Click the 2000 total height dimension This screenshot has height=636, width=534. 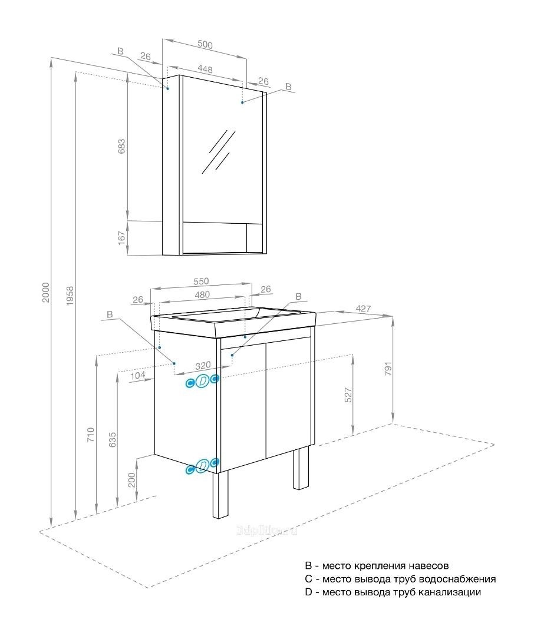coord(46,292)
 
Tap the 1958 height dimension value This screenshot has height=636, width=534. coord(70,296)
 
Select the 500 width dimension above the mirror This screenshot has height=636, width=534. coord(205,44)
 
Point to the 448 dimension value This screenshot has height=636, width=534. coord(205,69)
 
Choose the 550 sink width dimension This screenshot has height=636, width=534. coord(201,281)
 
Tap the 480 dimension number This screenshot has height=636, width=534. coord(202,294)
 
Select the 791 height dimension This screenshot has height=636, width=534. coord(388,368)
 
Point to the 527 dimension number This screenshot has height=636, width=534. coord(348,395)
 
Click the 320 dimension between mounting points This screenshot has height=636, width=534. coord(203,366)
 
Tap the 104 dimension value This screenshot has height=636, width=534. coord(138,376)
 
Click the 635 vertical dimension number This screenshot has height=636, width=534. coord(113,440)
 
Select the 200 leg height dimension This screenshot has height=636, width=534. coord(131,480)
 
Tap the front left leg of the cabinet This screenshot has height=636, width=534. coord(222,495)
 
